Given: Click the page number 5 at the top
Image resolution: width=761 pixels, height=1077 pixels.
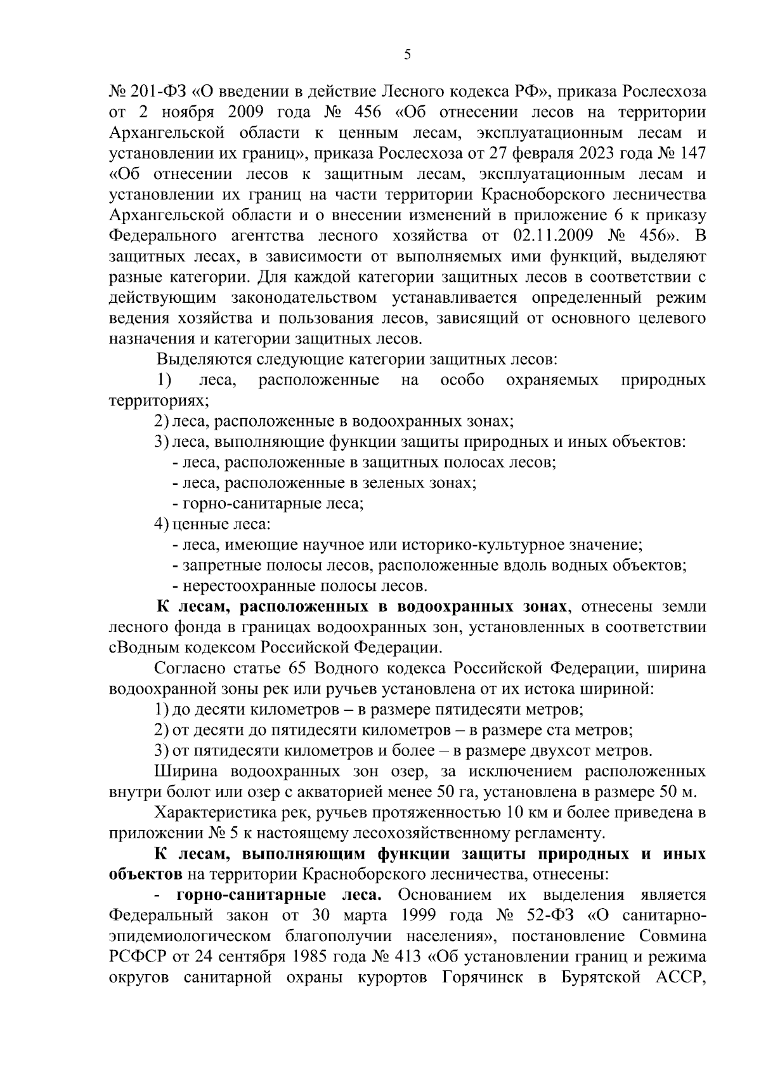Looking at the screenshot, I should (407, 55).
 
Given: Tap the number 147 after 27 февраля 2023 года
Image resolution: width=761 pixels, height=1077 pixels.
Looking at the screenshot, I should (691, 154).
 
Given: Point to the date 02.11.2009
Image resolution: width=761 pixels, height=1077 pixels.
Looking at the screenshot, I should (552, 236).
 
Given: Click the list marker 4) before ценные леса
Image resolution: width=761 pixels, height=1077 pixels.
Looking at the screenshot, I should (162, 524).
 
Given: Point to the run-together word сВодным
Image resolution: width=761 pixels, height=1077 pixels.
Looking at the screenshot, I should (141, 648).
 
